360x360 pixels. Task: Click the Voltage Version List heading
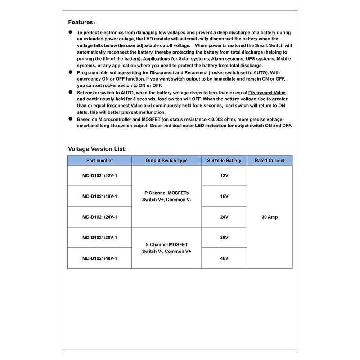click(97, 148)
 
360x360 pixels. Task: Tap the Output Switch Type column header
click(166, 161)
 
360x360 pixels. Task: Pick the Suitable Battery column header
click(224, 161)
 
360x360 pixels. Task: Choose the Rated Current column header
click(270, 161)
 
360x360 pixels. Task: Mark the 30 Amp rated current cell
click(270, 217)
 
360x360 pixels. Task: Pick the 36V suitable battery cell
click(224, 238)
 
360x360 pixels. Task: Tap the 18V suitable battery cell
click(224, 197)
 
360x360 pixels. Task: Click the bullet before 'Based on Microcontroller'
click(71, 118)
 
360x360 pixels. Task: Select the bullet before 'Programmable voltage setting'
click(71, 72)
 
